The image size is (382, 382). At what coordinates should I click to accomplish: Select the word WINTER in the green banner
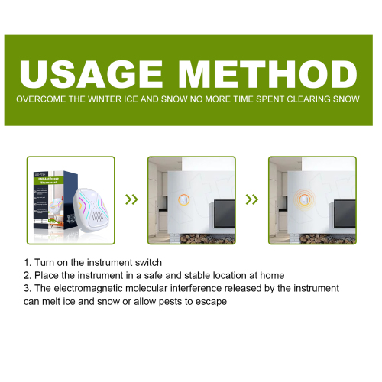(118, 100)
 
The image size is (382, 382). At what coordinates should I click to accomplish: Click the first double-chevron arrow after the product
(131, 200)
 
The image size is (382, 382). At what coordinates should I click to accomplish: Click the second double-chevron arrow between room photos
(251, 200)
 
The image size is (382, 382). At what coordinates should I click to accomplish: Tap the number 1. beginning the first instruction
(28, 262)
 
